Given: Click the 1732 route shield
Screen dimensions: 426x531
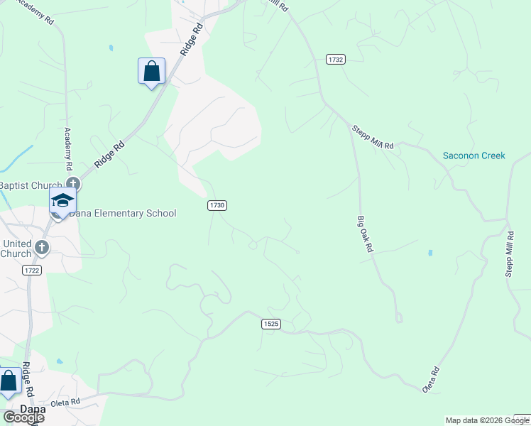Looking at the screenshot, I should [x=336, y=60].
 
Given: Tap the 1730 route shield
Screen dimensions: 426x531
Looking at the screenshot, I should [x=217, y=205].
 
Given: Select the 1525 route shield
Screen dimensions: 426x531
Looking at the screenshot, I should [x=270, y=324].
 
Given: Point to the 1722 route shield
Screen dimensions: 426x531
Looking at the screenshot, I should [x=31, y=271].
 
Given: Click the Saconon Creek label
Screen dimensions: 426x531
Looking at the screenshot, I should [x=473, y=155].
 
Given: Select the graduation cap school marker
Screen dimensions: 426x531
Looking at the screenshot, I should [x=62, y=201].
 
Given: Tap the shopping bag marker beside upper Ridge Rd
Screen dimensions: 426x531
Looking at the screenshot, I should [x=151, y=72].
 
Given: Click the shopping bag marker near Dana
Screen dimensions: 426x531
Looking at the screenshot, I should [x=9, y=382].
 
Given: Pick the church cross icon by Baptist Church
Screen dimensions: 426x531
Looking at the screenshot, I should [x=72, y=185].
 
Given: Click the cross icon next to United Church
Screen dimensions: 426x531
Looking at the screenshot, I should [x=42, y=247].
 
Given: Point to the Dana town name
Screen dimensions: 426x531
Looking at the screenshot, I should [x=33, y=410].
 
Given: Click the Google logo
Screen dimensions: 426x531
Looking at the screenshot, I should [x=23, y=417].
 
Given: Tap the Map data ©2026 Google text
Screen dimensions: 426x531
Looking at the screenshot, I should [x=487, y=420].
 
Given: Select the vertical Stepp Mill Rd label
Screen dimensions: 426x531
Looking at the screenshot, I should [x=509, y=253].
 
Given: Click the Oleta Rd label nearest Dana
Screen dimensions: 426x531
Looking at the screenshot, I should [x=65, y=402].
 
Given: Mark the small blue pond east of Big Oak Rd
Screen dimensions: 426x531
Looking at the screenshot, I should [x=429, y=253].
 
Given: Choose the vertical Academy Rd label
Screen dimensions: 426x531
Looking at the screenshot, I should [x=69, y=148].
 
